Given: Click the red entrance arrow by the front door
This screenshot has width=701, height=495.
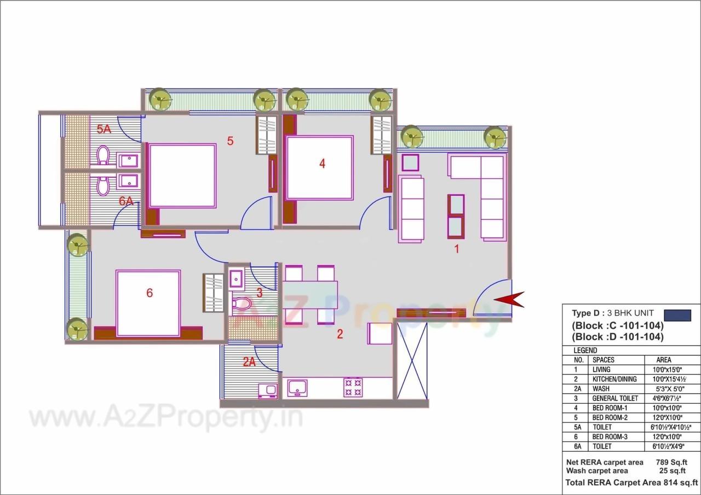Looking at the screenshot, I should [509, 300].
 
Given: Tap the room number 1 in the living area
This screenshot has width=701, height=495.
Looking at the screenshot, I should [456, 249].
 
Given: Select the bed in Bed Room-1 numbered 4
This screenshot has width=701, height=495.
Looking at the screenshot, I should [320, 167].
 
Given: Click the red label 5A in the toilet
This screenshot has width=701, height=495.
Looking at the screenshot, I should [104, 130].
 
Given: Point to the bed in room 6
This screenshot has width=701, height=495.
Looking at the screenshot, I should [148, 303].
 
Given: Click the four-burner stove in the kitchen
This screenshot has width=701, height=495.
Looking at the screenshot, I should [352, 387].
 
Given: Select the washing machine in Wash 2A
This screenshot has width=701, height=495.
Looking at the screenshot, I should [268, 391].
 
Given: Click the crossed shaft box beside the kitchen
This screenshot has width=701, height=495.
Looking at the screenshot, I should [411, 360].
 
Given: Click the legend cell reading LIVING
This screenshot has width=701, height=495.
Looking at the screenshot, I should [601, 370].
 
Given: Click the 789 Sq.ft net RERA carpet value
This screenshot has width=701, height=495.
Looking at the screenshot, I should [671, 462].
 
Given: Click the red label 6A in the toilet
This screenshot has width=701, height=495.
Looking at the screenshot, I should [126, 201].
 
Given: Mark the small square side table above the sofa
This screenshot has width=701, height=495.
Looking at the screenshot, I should [410, 163].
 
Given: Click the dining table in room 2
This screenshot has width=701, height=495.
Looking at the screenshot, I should [310, 295].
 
